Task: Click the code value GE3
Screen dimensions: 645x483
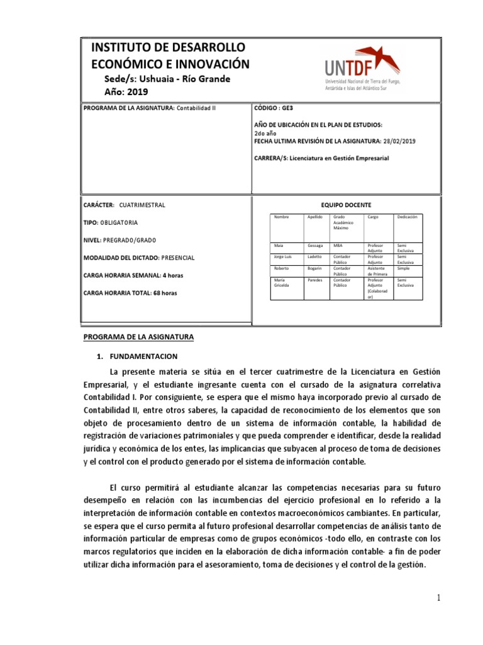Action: pyautogui.click(x=287, y=108)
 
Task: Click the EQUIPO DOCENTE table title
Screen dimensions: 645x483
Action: pyautogui.click(x=346, y=205)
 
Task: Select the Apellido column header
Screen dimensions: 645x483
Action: pyautogui.click(x=314, y=217)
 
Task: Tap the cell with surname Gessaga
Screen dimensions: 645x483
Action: pyautogui.click(x=315, y=245)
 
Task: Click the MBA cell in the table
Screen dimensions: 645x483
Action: pyautogui.click(x=338, y=245)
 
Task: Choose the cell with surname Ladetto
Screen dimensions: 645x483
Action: pyautogui.click(x=314, y=257)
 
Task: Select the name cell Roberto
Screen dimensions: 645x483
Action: pyautogui.click(x=282, y=268)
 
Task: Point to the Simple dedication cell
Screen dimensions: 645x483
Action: pyautogui.click(x=404, y=268)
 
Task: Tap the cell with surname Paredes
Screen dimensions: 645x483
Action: pyautogui.click(x=315, y=280)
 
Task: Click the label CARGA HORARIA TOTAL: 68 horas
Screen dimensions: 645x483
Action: pyautogui.click(x=130, y=293)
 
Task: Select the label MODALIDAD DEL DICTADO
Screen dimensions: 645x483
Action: pyautogui.click(x=121, y=258)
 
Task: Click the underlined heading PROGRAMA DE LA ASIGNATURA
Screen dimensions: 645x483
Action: pyautogui.click(x=139, y=337)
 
